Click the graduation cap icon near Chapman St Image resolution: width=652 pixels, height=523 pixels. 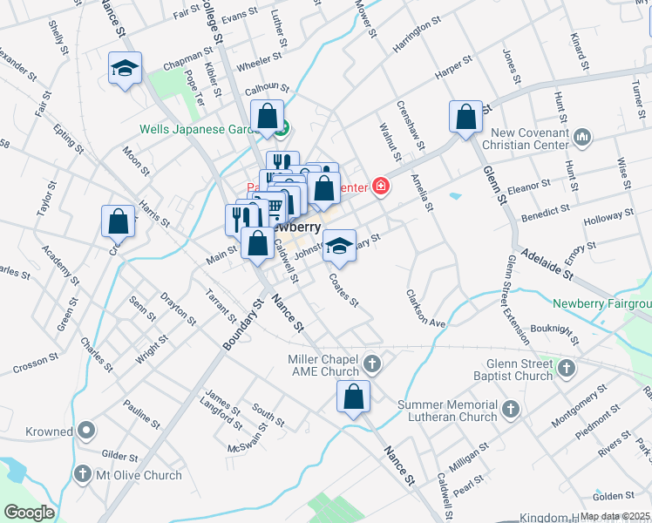pyautogui.click(x=125, y=69)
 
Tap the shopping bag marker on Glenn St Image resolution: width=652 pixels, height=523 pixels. pyautogui.click(x=466, y=117)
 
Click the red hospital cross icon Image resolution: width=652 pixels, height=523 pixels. pyautogui.click(x=381, y=186)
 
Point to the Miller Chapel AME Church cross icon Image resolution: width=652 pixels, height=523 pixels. pyautogui.click(x=372, y=363)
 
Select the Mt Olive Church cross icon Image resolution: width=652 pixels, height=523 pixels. pyautogui.click(x=83, y=475)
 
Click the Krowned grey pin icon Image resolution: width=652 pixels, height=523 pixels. pyautogui.click(x=86, y=431)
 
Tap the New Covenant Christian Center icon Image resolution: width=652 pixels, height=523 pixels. pyautogui.click(x=583, y=137)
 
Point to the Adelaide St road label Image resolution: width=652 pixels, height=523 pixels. pyautogui.click(x=547, y=264)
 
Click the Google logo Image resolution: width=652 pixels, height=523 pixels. pyautogui.click(x=29, y=513)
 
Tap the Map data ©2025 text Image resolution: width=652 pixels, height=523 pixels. pyautogui.click(x=615, y=516)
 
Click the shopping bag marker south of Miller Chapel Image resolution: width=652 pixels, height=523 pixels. pyautogui.click(x=353, y=397)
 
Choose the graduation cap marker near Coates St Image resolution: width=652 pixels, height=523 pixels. pyautogui.click(x=339, y=246)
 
